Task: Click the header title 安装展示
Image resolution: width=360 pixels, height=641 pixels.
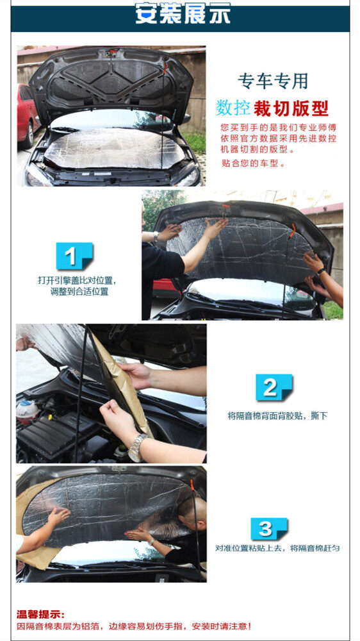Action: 183,13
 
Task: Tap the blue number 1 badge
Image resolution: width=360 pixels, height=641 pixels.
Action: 75,256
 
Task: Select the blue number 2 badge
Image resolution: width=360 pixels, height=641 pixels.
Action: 274,387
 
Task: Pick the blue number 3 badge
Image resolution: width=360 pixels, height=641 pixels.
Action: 269,529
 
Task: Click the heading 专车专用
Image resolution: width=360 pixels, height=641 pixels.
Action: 272,81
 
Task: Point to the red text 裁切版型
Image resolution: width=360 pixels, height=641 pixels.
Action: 291,108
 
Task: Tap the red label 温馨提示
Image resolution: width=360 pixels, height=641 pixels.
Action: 40,615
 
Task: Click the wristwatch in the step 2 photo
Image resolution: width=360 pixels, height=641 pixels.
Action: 137,447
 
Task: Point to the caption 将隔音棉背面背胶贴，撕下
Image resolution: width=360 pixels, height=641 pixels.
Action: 277,416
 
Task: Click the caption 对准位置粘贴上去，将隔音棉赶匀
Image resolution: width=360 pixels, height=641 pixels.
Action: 277,548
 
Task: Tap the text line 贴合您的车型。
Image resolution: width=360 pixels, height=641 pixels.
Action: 252,163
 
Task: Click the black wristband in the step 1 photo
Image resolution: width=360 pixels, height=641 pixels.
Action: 321,271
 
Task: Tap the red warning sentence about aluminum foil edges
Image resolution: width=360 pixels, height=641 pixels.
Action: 134,626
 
